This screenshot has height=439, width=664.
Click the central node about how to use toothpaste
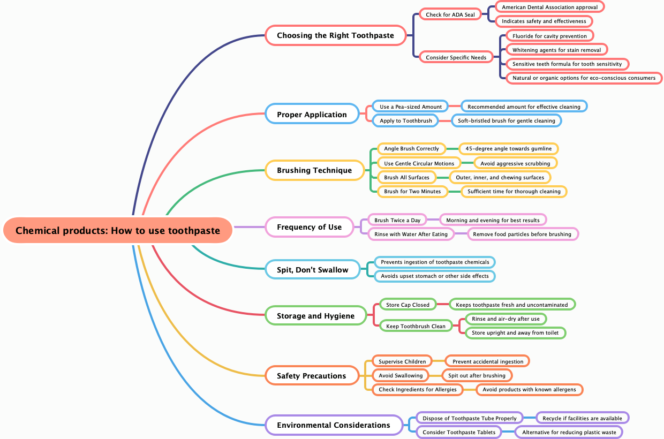(x=118, y=231)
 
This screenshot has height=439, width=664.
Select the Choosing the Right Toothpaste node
(x=335, y=35)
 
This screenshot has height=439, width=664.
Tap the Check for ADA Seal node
(x=450, y=14)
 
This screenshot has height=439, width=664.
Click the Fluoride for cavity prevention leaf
(x=549, y=36)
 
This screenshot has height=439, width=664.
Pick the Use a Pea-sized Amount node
(x=411, y=107)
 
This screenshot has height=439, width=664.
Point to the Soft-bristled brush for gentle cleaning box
(x=506, y=120)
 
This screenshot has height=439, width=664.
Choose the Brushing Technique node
(x=314, y=170)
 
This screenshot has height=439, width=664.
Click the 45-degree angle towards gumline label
(x=508, y=148)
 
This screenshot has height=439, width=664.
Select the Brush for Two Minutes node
(x=412, y=191)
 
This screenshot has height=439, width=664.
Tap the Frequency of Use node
(x=309, y=227)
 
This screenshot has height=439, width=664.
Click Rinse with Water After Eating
(x=411, y=234)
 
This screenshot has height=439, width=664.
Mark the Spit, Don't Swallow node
(x=312, y=270)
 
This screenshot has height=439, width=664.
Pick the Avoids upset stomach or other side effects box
(x=434, y=276)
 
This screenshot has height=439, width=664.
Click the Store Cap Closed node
(x=408, y=305)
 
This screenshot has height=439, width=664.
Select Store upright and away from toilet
(x=515, y=332)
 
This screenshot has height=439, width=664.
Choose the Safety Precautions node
(x=311, y=376)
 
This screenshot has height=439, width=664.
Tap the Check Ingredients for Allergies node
(x=417, y=389)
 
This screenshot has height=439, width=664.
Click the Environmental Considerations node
(x=333, y=425)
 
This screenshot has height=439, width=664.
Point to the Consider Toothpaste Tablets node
(x=458, y=432)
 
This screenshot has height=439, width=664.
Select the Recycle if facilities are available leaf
(x=582, y=418)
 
